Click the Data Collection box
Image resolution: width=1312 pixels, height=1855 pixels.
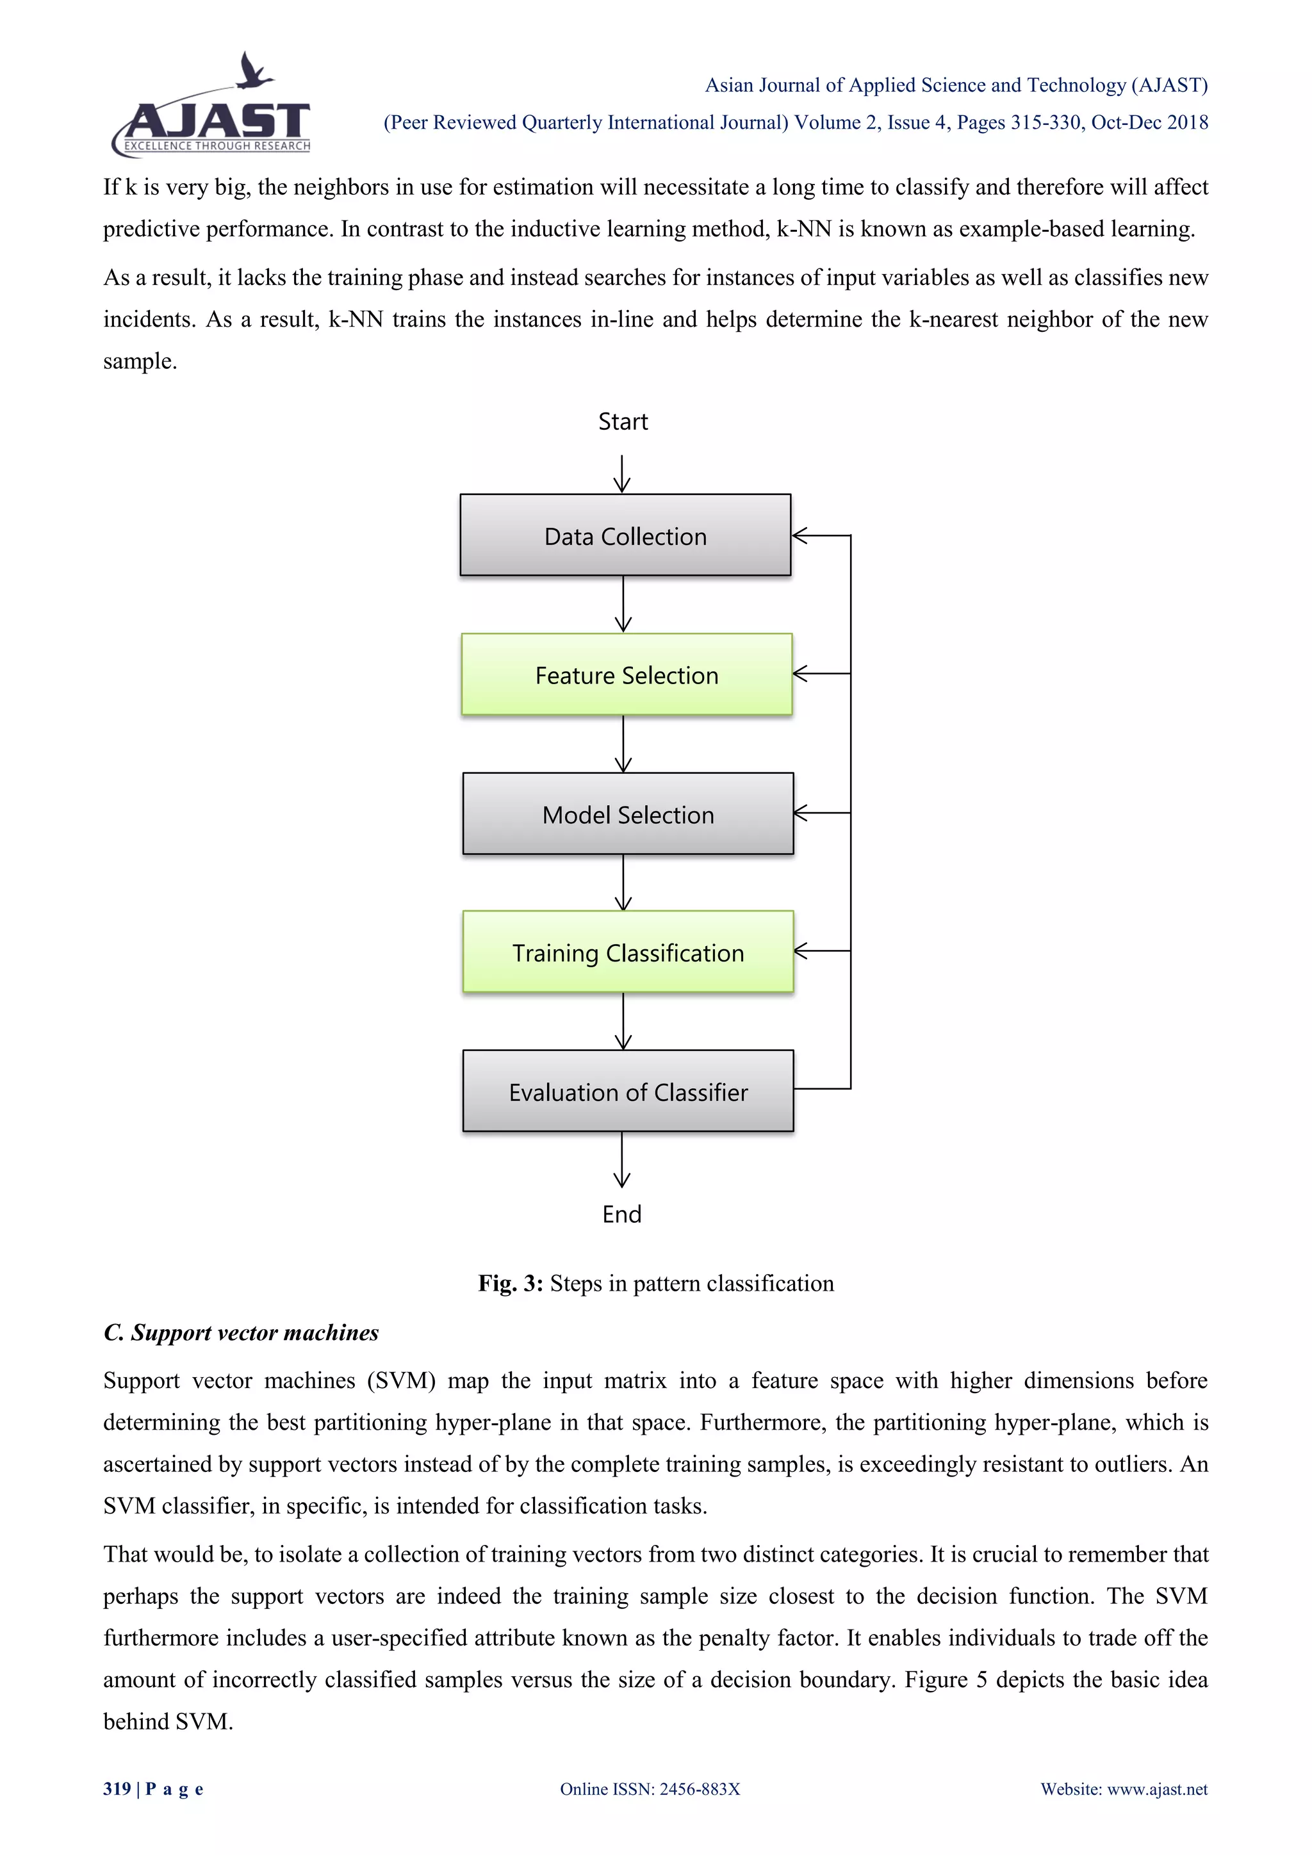pyautogui.click(x=625, y=535)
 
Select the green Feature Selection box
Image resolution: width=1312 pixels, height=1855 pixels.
pyautogui.click(x=627, y=674)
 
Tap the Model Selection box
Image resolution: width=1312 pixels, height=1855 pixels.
pyautogui.click(x=628, y=813)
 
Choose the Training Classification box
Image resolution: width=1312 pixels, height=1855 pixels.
pyautogui.click(x=628, y=952)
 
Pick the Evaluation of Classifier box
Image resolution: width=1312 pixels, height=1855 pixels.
pyautogui.click(x=628, y=1091)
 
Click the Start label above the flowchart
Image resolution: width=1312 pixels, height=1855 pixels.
pyautogui.click(x=623, y=421)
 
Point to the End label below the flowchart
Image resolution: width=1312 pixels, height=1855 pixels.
pyautogui.click(x=621, y=1214)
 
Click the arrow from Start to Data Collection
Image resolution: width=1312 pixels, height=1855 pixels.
pyautogui.click(x=622, y=474)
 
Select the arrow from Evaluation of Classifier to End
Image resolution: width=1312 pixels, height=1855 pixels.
pyautogui.click(x=622, y=1159)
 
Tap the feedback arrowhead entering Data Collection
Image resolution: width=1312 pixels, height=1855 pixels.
pyautogui.click(x=799, y=535)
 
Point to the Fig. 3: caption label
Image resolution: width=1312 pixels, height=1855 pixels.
pyautogui.click(x=510, y=1284)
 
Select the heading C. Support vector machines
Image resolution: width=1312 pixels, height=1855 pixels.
pyautogui.click(x=241, y=1332)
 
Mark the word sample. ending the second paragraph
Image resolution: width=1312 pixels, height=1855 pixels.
pyautogui.click(x=140, y=361)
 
